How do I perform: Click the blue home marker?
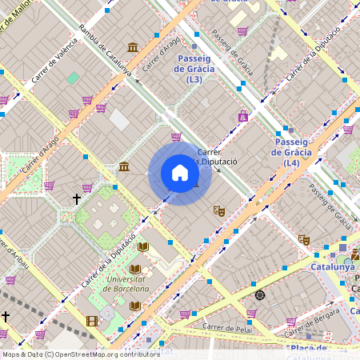pyautogui.click(x=180, y=173)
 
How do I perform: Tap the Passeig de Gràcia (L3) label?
pyautogui.click(x=194, y=70)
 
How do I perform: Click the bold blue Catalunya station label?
pyautogui.click(x=332, y=266)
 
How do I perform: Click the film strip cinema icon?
pyautogui.click(x=92, y=322)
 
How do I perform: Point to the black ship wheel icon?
pyautogui.click(x=259, y=295)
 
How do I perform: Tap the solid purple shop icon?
pyautogui.click(x=242, y=117)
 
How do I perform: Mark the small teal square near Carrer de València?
pyautogui.click(x=73, y=78)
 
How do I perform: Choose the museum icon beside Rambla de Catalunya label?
pyautogui.click(x=133, y=48)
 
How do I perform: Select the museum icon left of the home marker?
pyautogui.click(x=124, y=166)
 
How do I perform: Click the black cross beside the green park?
pyautogui.click(x=77, y=198)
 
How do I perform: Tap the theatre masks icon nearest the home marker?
pyautogui.click(x=218, y=211)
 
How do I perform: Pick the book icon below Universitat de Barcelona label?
pyautogui.click(x=134, y=305)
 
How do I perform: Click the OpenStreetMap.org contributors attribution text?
pyautogui.click(x=108, y=354)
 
